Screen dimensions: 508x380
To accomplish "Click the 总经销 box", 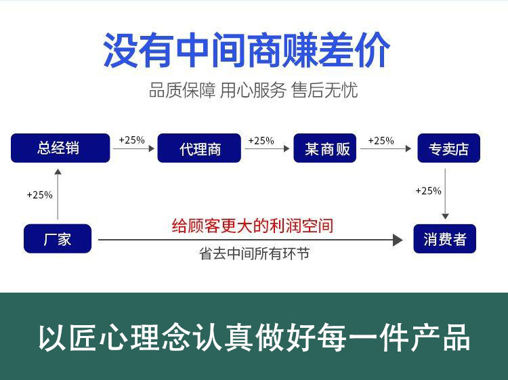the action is pyautogui.click(x=60, y=148).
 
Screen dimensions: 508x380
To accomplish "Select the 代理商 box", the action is pyautogui.click(x=199, y=148).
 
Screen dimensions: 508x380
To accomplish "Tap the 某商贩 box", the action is pyautogui.click(x=325, y=148).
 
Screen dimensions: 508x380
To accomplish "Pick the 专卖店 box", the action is pyautogui.click(x=448, y=148).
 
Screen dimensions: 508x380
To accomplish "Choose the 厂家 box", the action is pyautogui.click(x=58, y=238).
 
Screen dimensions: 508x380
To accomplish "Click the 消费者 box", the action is pyautogui.click(x=445, y=238).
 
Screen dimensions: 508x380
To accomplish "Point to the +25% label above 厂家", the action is pyautogui.click(x=39, y=195).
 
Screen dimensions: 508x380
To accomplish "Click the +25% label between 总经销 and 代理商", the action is pyautogui.click(x=132, y=140).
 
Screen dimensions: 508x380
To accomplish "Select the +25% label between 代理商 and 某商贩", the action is pyautogui.click(x=261, y=141).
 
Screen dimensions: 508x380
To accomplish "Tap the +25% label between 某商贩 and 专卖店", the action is pyautogui.click(x=381, y=141).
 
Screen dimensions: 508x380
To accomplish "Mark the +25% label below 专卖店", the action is pyautogui.click(x=428, y=191).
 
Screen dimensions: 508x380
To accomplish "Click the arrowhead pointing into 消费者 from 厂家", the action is pyautogui.click(x=398, y=240).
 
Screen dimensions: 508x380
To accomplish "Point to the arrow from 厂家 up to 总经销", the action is pyautogui.click(x=58, y=194).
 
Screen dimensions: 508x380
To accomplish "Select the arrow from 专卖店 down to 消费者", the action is pyautogui.click(x=445, y=194).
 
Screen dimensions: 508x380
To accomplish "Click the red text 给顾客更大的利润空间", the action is pyautogui.click(x=253, y=226).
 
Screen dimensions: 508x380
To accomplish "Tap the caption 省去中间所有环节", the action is pyautogui.click(x=254, y=253).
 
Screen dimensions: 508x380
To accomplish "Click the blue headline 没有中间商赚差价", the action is pyautogui.click(x=247, y=50).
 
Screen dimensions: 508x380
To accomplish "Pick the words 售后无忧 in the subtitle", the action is pyautogui.click(x=324, y=90).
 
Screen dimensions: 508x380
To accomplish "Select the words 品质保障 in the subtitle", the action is pyautogui.click(x=182, y=90).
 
